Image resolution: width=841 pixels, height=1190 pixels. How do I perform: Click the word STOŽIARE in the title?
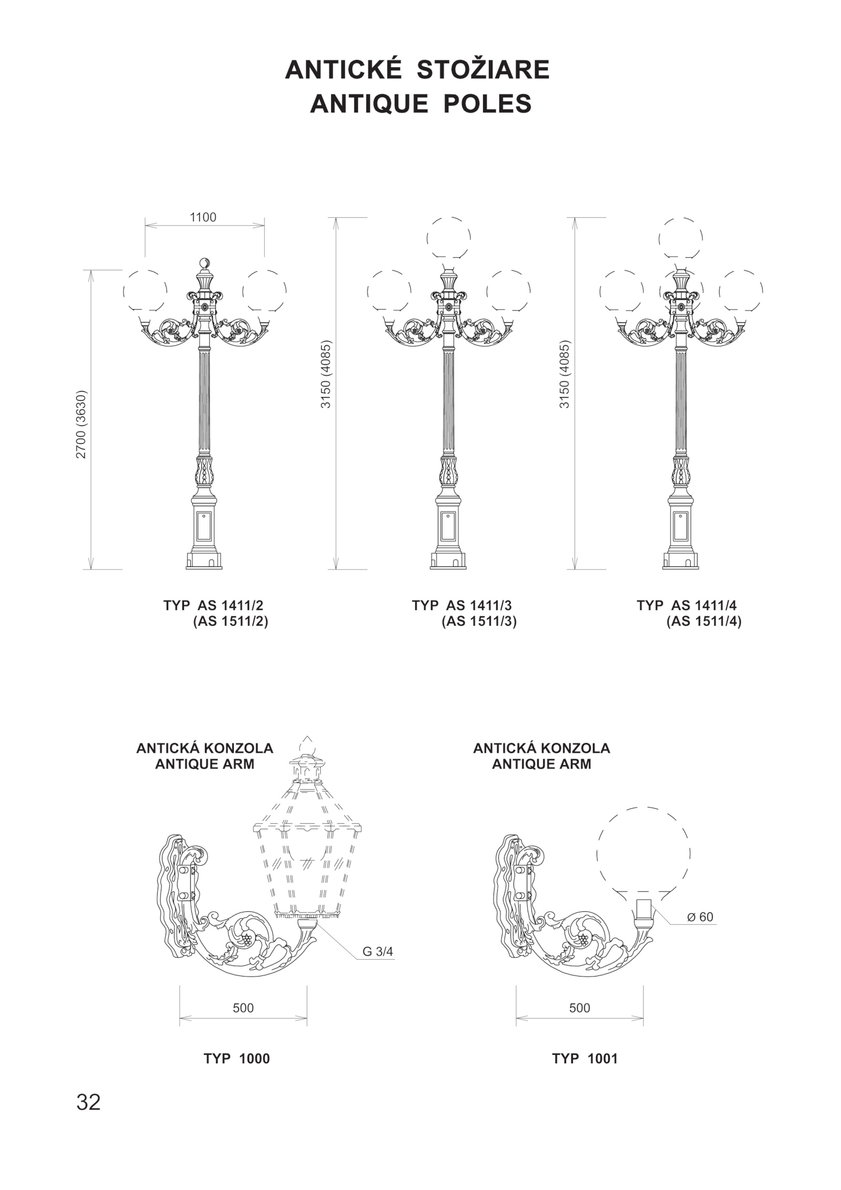pos(483,69)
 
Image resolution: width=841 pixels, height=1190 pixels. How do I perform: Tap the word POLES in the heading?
pos(487,104)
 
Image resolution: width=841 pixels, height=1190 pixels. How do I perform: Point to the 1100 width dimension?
pos(203,217)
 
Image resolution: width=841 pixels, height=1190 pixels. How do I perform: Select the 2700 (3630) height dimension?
pos(80,424)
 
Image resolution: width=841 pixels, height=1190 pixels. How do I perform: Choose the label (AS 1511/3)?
pos(479,622)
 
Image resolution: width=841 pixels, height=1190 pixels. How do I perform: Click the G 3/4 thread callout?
pos(377,951)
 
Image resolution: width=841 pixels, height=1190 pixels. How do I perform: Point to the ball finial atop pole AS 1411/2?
pos(204,263)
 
